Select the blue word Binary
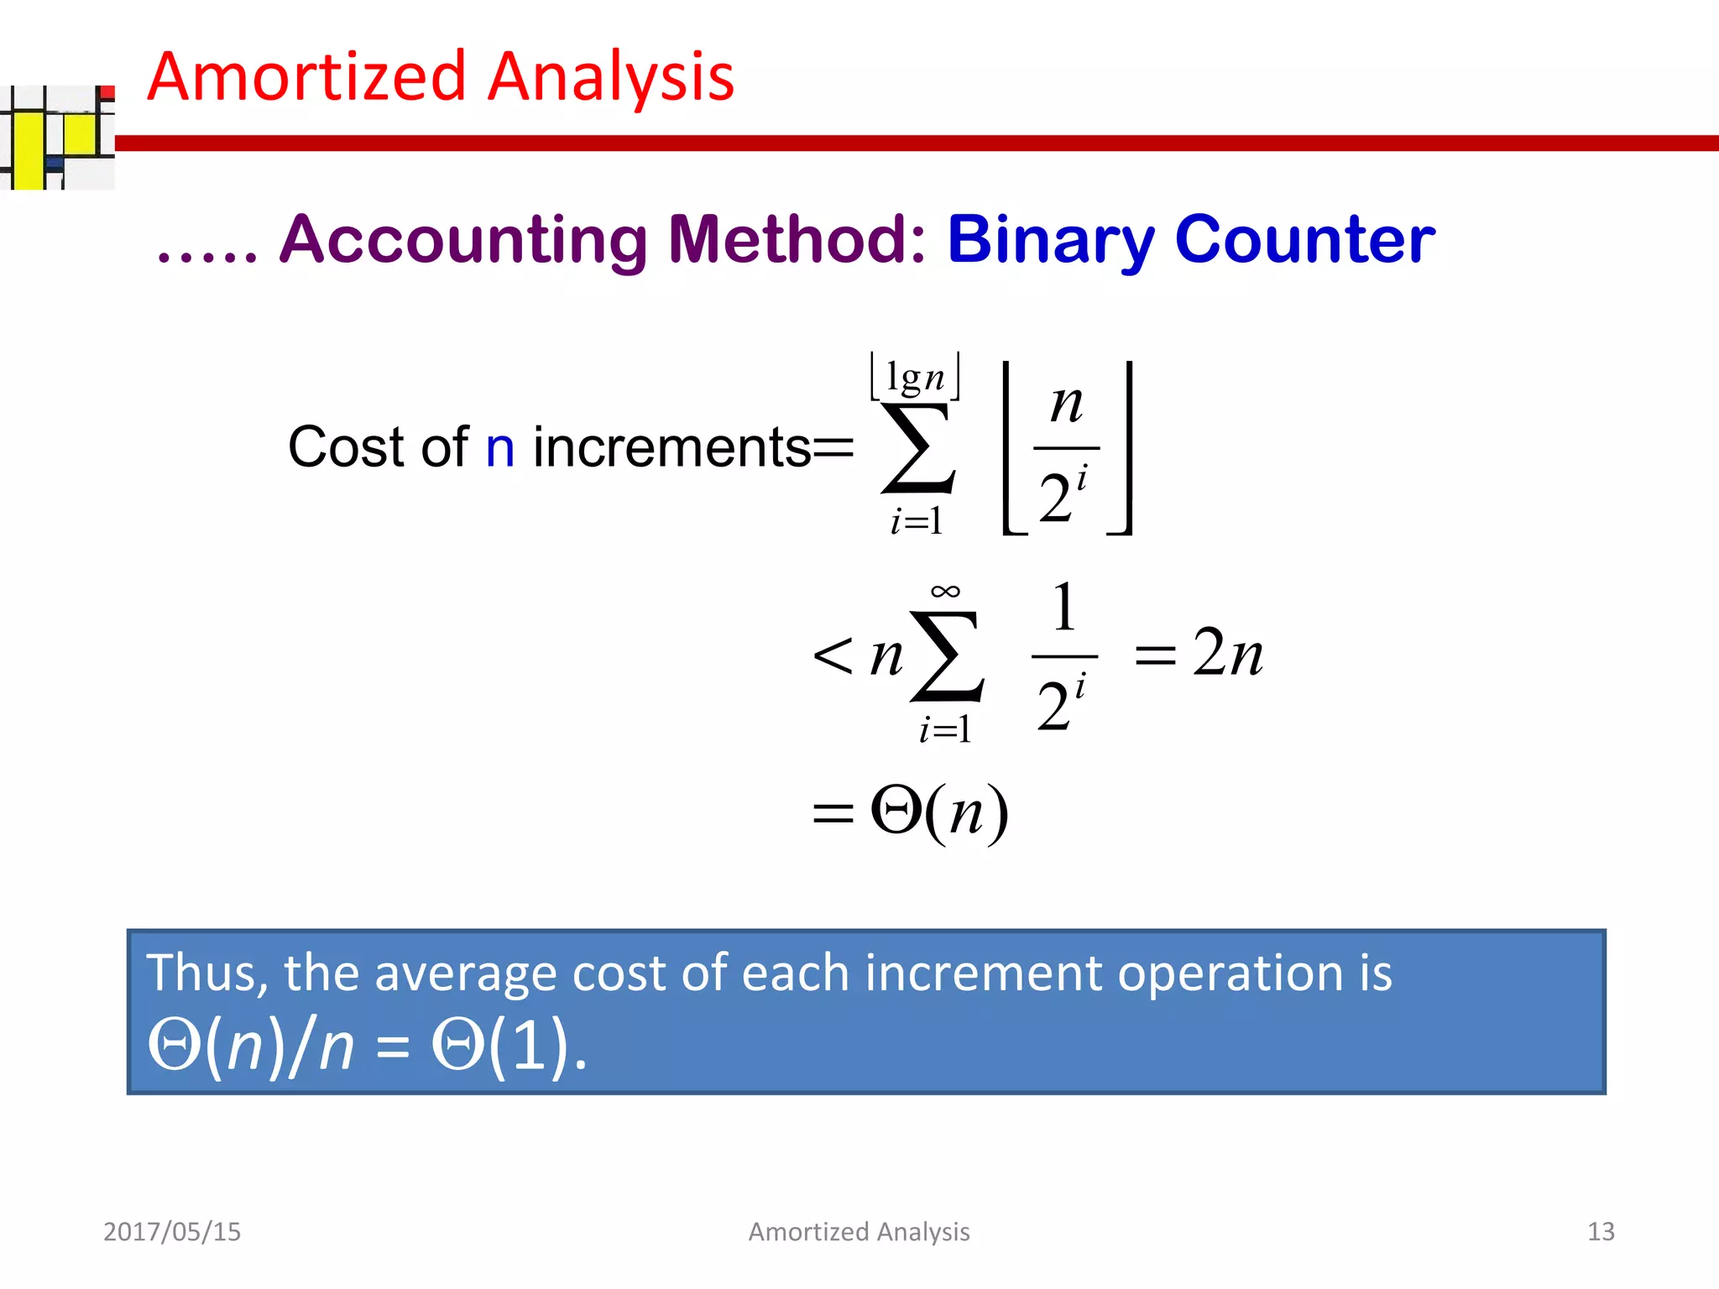click(1049, 240)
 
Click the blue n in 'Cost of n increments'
click(499, 447)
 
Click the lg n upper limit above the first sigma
click(915, 378)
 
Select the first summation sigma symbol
click(917, 449)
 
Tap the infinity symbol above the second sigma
click(945, 592)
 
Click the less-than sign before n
click(833, 655)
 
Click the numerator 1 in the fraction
click(1063, 608)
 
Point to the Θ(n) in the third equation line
click(938, 811)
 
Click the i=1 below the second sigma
click(945, 729)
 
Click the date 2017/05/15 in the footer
click(172, 1231)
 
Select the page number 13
click(1600, 1231)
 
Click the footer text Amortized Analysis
click(859, 1231)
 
